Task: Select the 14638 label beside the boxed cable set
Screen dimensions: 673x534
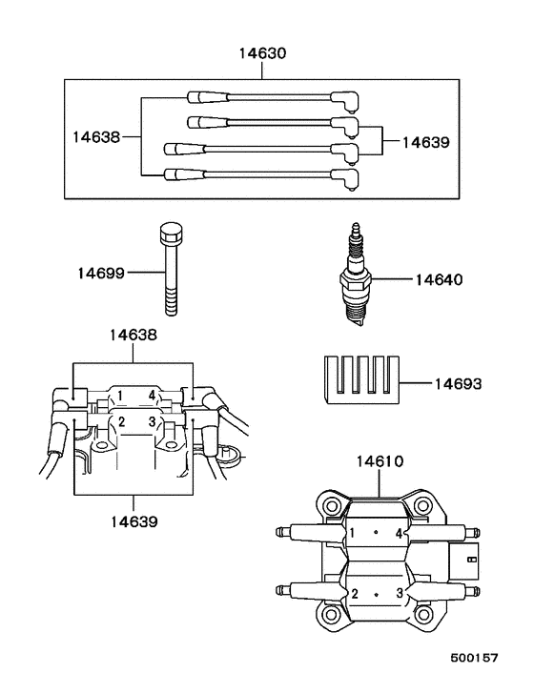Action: (x=95, y=136)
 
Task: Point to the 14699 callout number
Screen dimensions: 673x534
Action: (x=101, y=274)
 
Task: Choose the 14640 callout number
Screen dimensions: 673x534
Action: (x=439, y=280)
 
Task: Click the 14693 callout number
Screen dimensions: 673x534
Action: (x=458, y=384)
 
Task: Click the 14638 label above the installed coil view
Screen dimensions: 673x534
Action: (x=133, y=336)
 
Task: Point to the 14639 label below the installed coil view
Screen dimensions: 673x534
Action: (x=133, y=521)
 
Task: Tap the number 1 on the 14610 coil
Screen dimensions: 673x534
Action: (x=353, y=533)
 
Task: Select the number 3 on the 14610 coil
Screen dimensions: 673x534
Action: (x=401, y=593)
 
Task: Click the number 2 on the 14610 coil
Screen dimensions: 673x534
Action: (x=355, y=593)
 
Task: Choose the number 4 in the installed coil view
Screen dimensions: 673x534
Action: (x=151, y=395)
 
